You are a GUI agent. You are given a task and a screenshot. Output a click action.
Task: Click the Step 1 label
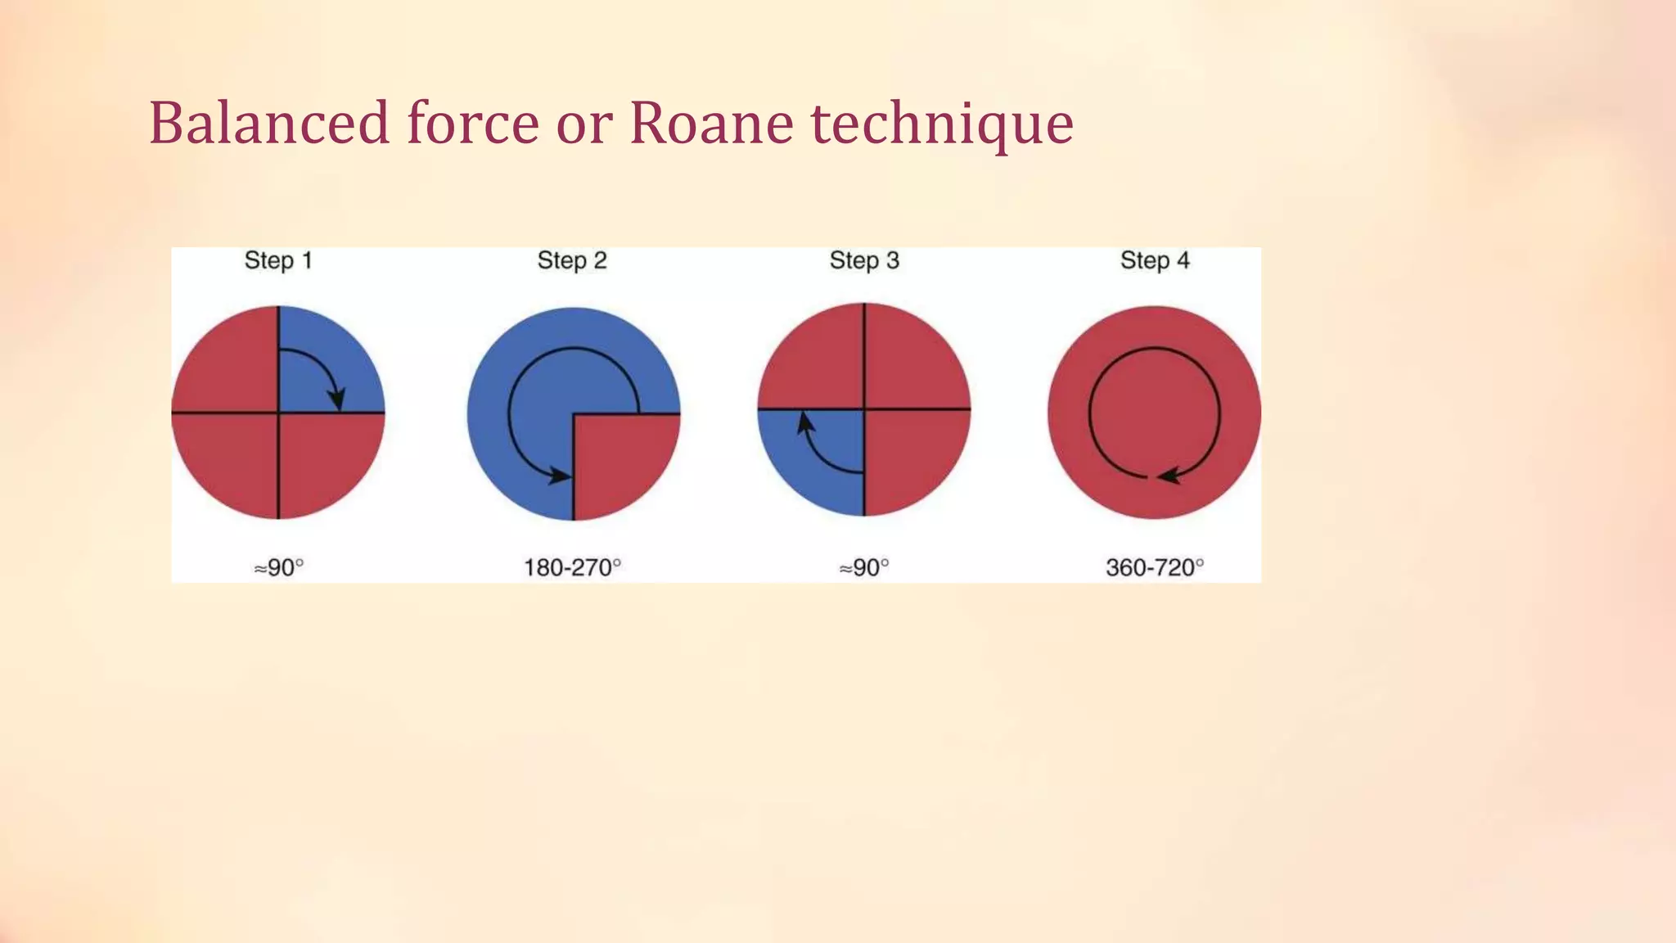tap(278, 260)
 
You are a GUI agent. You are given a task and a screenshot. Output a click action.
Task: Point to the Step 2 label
tap(572, 260)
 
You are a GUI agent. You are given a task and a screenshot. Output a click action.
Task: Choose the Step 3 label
tap(864, 260)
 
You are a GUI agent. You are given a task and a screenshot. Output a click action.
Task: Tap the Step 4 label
tap(1155, 260)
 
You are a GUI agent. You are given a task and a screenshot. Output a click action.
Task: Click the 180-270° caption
tap(572, 567)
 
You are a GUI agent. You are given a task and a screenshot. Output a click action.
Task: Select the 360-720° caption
tap(1155, 567)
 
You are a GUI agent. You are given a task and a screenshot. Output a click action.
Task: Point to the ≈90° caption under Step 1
tap(278, 567)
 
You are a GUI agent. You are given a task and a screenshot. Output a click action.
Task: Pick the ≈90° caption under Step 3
tap(864, 567)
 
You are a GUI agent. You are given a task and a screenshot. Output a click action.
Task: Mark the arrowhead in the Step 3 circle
tap(805, 423)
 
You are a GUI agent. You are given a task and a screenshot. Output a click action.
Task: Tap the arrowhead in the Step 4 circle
tap(1168, 476)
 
